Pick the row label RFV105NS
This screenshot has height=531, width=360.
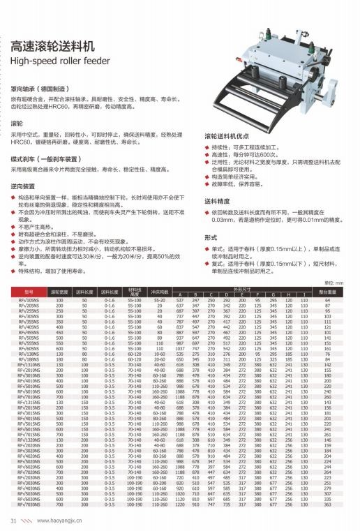coord(29,299)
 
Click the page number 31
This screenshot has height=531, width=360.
coord(13,520)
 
